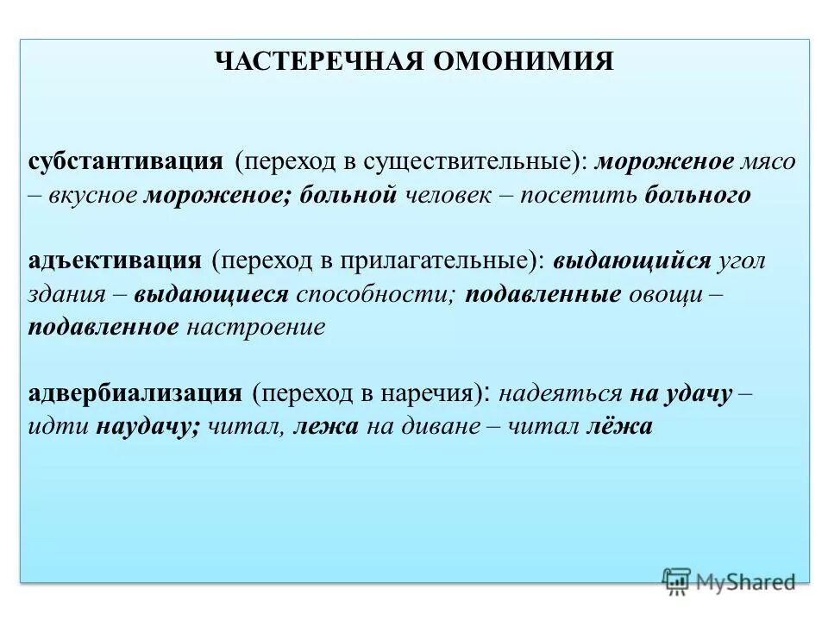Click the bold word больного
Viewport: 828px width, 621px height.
click(x=697, y=195)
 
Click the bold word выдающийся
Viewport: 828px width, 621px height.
click(x=632, y=260)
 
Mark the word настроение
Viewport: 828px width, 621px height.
click(x=256, y=327)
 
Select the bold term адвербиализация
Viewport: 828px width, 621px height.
click(x=135, y=393)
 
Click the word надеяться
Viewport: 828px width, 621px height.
click(x=560, y=393)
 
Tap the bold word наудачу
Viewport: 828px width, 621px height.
click(x=148, y=426)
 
